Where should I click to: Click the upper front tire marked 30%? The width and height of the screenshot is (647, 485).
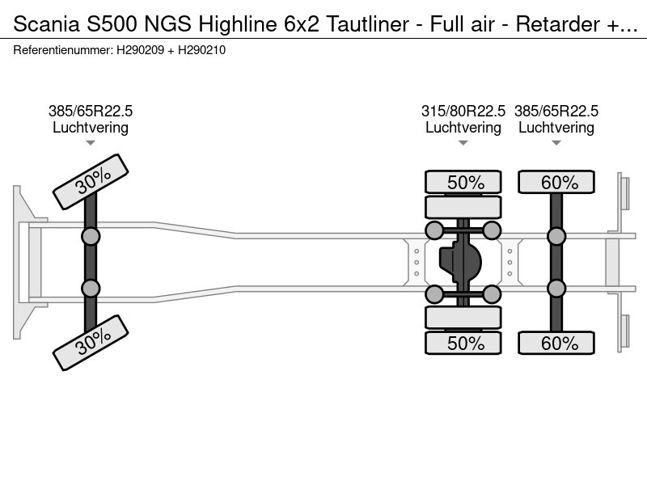pyautogui.click(x=91, y=182)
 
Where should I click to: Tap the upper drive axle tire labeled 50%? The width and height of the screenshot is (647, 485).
pyautogui.click(x=463, y=182)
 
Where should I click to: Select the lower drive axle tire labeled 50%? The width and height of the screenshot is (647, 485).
pyautogui.click(x=463, y=343)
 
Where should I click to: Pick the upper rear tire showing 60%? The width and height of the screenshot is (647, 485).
pyautogui.click(x=556, y=182)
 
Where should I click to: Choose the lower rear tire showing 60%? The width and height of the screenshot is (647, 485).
pyautogui.click(x=556, y=343)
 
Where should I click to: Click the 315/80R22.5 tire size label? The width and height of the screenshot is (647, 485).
pyautogui.click(x=463, y=112)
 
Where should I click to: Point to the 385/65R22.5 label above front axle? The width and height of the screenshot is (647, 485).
pyautogui.click(x=91, y=112)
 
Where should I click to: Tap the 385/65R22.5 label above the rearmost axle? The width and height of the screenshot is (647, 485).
pyautogui.click(x=556, y=112)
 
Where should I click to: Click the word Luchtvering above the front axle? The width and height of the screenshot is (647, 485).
pyautogui.click(x=91, y=128)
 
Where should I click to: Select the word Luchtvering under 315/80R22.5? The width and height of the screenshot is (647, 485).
pyautogui.click(x=463, y=128)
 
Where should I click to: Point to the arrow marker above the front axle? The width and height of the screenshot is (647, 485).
pyautogui.click(x=91, y=143)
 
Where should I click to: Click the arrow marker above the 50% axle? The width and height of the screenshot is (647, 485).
pyautogui.click(x=463, y=143)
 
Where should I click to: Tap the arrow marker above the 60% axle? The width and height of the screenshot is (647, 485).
pyautogui.click(x=556, y=143)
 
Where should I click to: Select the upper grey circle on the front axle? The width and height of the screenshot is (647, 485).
pyautogui.click(x=91, y=236)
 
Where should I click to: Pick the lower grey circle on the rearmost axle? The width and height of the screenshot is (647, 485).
pyautogui.click(x=556, y=289)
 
